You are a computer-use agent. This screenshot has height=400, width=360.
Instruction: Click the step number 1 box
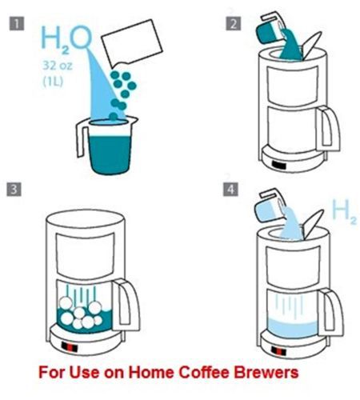pyautogui.click(x=17, y=23)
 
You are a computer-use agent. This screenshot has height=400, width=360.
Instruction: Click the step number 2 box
pyautogui.click(x=234, y=23)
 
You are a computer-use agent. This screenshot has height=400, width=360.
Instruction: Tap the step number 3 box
pyautogui.click(x=14, y=190)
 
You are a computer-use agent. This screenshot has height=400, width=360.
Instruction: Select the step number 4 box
pyautogui.click(x=230, y=190)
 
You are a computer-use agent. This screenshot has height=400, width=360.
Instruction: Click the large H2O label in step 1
pyautogui.click(x=66, y=38)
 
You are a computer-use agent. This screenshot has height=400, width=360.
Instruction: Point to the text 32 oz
pyautogui.click(x=58, y=66)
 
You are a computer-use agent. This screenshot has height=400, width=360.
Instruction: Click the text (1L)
pyautogui.click(x=54, y=82)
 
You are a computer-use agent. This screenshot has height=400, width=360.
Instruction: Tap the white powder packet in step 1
pyautogui.click(x=132, y=44)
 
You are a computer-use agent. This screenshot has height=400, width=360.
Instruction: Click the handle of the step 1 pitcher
pyautogui.click(x=82, y=138)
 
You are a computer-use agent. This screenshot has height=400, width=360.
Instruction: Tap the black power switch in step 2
pyautogui.click(x=279, y=166)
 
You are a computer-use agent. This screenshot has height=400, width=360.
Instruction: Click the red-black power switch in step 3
pyautogui.click(x=70, y=347)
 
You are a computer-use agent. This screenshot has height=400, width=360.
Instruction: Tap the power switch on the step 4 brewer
pyautogui.click(x=278, y=350)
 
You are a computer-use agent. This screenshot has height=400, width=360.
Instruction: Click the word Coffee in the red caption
pyautogui.click(x=205, y=372)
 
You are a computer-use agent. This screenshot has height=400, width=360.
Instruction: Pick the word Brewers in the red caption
pyautogui.click(x=266, y=372)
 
